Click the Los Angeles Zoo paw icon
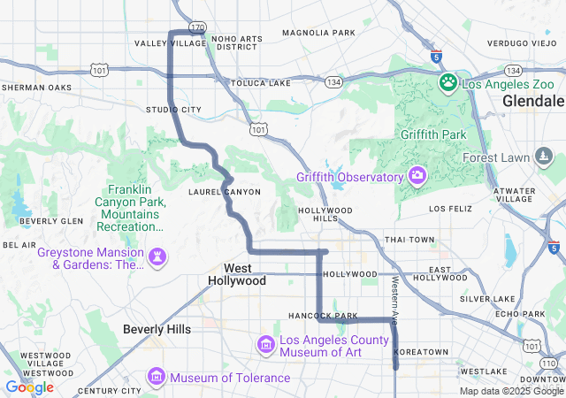pyautogui.click(x=448, y=84)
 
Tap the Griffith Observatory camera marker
pyautogui.click(x=417, y=176)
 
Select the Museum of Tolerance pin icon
pyautogui.click(x=157, y=378)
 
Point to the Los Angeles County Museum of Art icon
pyautogui.click(x=265, y=344)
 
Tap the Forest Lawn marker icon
pyautogui.click(x=544, y=157)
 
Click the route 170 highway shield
pyautogui.click(x=197, y=27)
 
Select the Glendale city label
pyautogui.click(x=532, y=102)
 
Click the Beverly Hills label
pyautogui.click(x=157, y=329)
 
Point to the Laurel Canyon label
pyautogui.click(x=225, y=191)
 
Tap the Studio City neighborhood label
pyautogui.click(x=173, y=110)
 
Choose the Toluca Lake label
pyautogui.click(x=260, y=83)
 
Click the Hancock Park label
pyautogui.click(x=322, y=316)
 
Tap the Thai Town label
pyautogui.click(x=409, y=240)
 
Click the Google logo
pyautogui.click(x=29, y=387)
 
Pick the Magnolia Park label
pyautogui.click(x=318, y=33)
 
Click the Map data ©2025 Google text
pyautogui.click(x=511, y=391)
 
